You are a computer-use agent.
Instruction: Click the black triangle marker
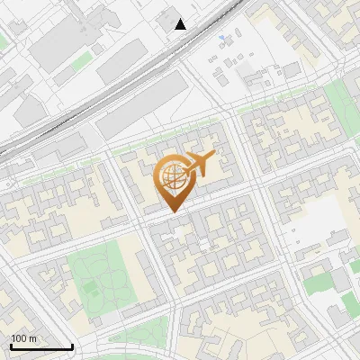point(181,24)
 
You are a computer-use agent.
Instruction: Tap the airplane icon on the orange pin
point(199,165)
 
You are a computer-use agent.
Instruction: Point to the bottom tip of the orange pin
point(172,212)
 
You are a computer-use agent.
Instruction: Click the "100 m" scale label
point(23,338)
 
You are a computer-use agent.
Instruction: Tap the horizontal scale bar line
point(41,346)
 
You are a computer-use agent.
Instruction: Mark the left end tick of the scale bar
point(11,345)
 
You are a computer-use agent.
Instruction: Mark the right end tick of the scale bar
point(72,345)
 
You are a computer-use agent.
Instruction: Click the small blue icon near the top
point(223,38)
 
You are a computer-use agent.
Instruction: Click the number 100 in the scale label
point(19,338)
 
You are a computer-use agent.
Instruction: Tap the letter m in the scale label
point(32,338)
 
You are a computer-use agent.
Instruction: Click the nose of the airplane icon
point(214,157)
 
